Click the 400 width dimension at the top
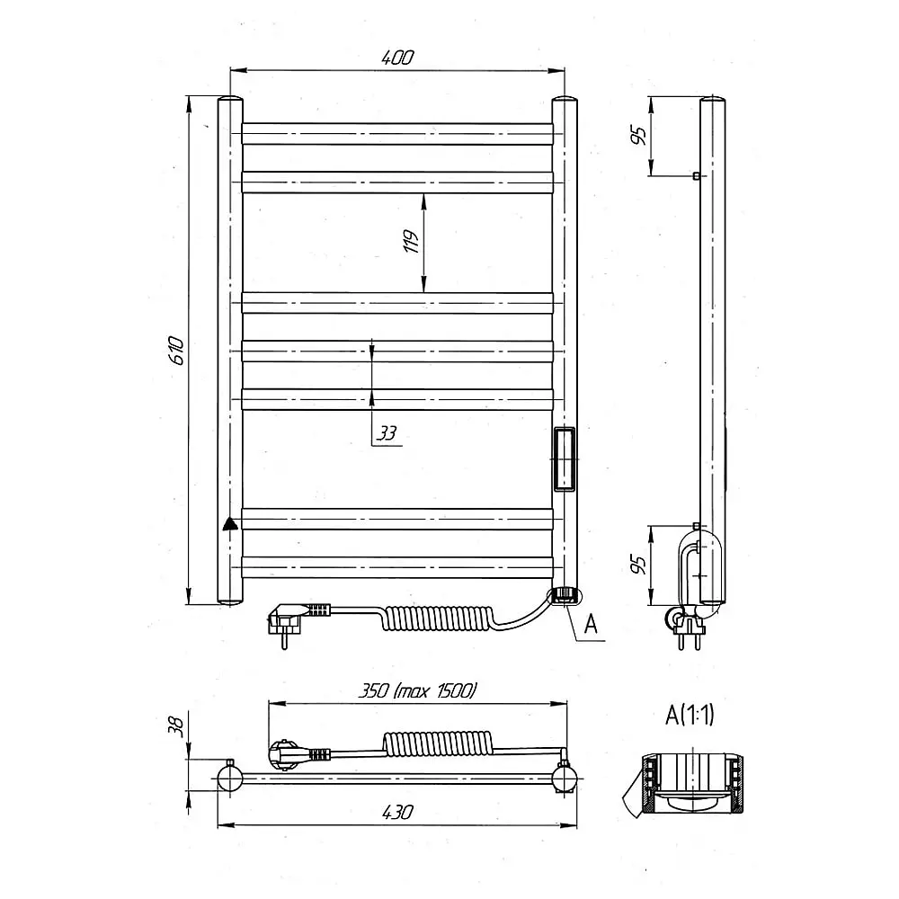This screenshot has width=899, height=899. pos(397,58)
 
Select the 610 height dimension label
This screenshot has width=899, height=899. pos(177,351)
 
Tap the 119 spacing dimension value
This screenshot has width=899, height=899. pos(411,241)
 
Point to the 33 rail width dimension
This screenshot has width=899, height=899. pos(387,433)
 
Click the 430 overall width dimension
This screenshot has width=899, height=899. pos(396,812)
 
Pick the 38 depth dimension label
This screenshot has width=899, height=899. pos(177,726)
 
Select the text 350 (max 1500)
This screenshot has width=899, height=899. pos(417,690)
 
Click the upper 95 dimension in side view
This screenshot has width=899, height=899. pos(638,136)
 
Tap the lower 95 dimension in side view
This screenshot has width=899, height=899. pos(638,565)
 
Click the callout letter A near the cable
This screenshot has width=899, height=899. pos(591,623)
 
